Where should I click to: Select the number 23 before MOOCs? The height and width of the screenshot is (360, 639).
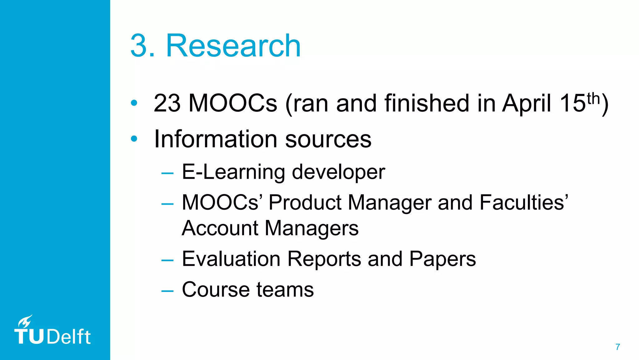point(167,103)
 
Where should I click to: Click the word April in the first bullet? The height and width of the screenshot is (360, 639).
point(526,103)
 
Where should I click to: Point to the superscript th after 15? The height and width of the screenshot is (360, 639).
point(593,98)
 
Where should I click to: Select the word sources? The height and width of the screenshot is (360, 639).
point(328,139)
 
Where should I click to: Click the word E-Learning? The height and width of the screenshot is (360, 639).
point(233,172)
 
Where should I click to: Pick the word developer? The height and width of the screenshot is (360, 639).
point(339,172)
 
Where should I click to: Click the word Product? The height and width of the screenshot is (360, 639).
point(305,202)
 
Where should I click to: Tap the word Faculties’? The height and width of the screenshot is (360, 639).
point(524,202)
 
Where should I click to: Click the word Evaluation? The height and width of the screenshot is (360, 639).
point(231,259)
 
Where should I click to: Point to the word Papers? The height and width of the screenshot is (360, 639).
point(442,259)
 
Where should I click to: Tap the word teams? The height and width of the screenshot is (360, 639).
point(285,289)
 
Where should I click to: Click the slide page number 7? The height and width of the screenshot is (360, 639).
point(618,347)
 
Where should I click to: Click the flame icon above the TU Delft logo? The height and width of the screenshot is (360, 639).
point(25,321)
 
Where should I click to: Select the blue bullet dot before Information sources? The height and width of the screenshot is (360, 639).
point(134,138)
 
